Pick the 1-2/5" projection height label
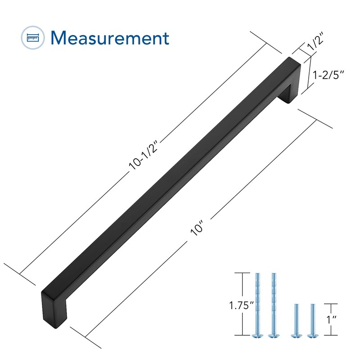tap(330, 75)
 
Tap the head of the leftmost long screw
tap(258, 335)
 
